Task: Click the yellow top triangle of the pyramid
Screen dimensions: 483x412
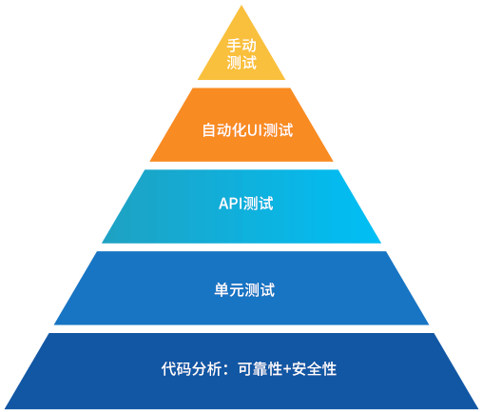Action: click(x=241, y=54)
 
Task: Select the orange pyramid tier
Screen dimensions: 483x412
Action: click(x=241, y=125)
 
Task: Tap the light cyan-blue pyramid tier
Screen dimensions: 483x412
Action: click(x=241, y=206)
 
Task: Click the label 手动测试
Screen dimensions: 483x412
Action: click(x=241, y=54)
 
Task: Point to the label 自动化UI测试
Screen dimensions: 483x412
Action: click(x=247, y=130)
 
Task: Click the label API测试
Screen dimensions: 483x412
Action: click(x=246, y=204)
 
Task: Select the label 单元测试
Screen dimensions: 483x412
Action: click(x=244, y=290)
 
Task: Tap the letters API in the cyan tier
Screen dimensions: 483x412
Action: click(x=231, y=204)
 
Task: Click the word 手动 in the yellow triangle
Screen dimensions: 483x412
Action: click(x=241, y=46)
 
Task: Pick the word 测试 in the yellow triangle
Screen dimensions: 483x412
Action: click(x=241, y=62)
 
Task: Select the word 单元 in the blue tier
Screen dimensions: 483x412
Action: click(x=229, y=290)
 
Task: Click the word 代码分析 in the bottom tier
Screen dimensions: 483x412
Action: click(x=191, y=369)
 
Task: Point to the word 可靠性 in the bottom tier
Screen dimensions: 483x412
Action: click(x=261, y=369)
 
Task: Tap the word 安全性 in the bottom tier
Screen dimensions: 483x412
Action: click(x=314, y=369)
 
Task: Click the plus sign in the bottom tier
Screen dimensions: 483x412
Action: click(x=287, y=369)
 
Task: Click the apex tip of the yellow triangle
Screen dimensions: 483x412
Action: click(x=241, y=5)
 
